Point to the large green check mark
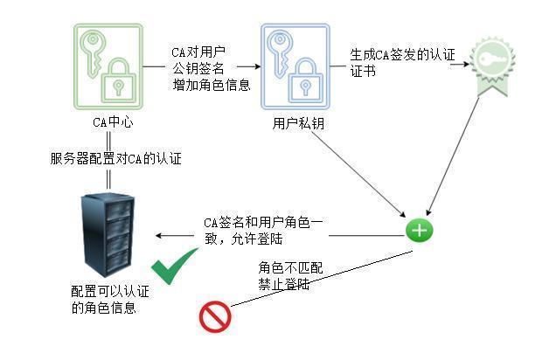[175, 269]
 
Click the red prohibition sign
[214, 316]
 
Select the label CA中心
[112, 122]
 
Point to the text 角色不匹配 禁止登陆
[289, 276]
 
